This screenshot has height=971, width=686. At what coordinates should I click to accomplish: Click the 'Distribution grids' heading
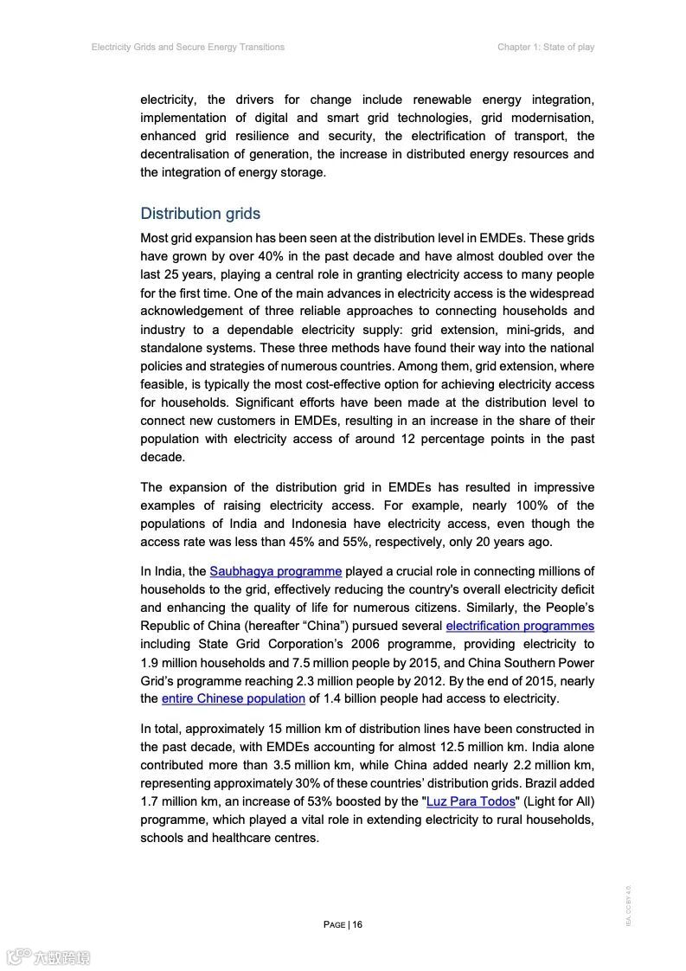point(200,214)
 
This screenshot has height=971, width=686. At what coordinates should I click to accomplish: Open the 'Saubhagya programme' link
point(275,571)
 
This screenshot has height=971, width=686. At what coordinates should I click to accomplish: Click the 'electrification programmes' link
point(520,626)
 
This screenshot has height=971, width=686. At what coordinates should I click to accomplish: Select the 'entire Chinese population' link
point(234,698)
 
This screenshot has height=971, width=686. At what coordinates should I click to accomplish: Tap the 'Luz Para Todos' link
point(471,801)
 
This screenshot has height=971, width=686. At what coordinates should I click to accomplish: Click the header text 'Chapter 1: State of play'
point(545,47)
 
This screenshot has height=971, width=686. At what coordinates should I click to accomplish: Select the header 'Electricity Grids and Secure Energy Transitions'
point(188,47)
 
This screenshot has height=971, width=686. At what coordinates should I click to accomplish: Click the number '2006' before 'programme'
point(369,644)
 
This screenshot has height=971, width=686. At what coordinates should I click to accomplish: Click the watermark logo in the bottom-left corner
point(47,957)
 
